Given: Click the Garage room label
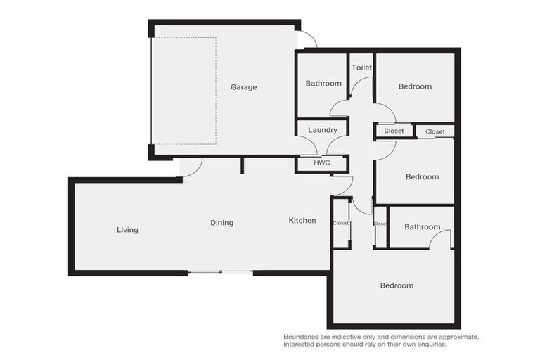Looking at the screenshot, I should [244, 87].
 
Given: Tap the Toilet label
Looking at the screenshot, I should [361, 67].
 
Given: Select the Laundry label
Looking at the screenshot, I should [323, 130].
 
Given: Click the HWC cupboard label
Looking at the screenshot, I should [321, 164].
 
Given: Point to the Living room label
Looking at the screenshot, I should [127, 230].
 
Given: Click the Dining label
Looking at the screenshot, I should [221, 223].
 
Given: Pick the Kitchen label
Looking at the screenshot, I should [302, 221].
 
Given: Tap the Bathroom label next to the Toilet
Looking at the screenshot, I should [323, 83].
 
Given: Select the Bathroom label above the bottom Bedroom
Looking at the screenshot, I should [422, 226].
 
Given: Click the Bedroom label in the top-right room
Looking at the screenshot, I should [415, 86].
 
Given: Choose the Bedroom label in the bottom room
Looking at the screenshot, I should [397, 285].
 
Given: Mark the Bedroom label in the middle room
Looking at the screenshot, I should [422, 177].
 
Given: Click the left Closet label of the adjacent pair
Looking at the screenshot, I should [394, 131].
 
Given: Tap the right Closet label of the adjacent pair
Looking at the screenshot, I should [435, 131].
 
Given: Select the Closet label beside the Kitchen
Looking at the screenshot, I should [340, 223].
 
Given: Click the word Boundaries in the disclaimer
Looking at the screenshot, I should [302, 337].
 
